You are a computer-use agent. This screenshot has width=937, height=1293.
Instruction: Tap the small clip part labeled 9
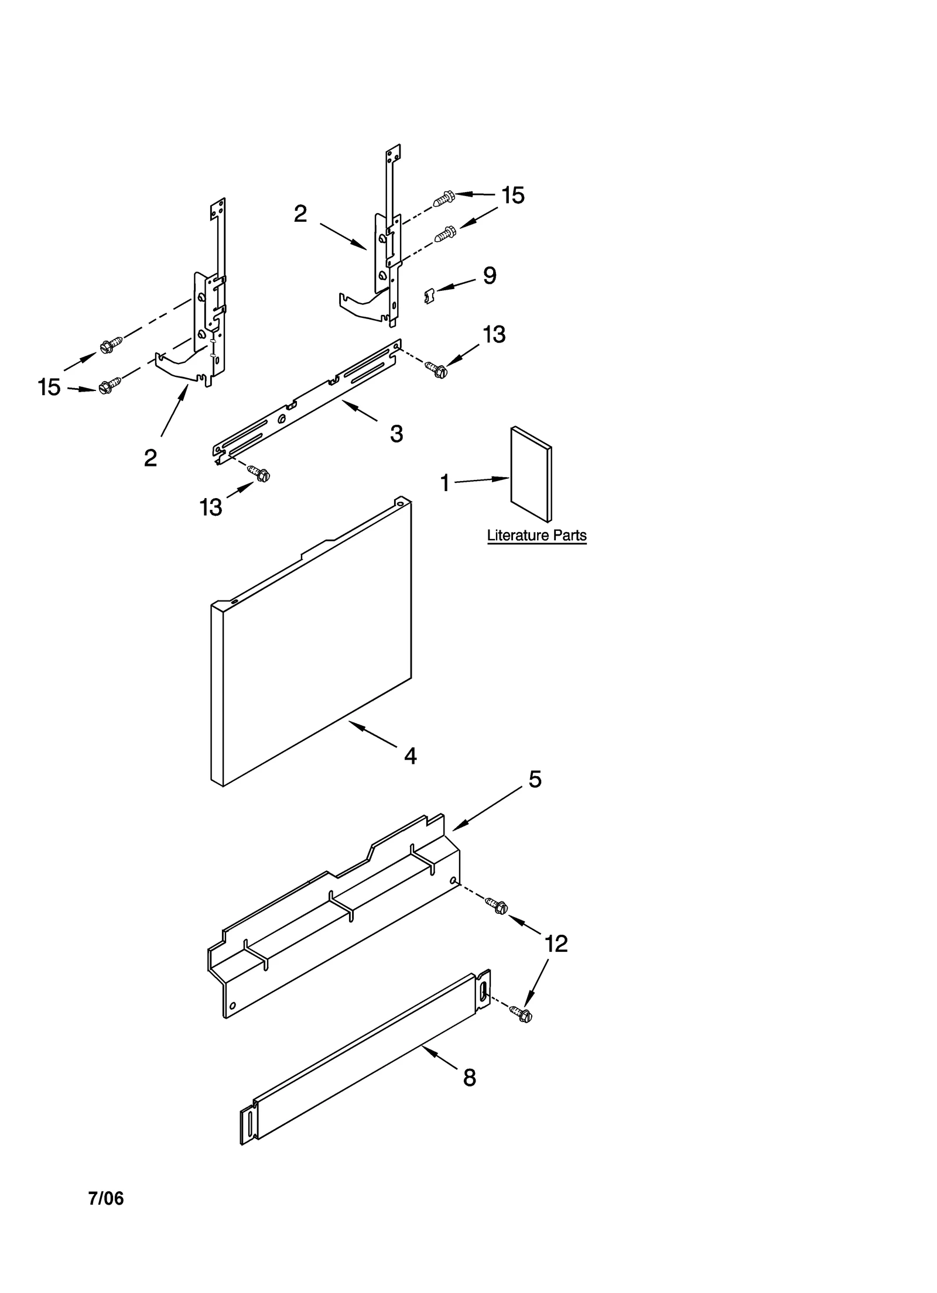point(429,296)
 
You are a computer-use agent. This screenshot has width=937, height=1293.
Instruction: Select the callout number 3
point(396,434)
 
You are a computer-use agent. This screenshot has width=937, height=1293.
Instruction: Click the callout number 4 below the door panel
point(411,756)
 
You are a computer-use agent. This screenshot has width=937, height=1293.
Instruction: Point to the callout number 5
point(535,779)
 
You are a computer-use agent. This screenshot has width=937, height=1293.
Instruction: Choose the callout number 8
point(470,1078)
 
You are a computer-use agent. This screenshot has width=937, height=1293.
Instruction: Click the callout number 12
point(556,944)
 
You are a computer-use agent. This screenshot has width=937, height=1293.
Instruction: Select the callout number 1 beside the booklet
point(445,483)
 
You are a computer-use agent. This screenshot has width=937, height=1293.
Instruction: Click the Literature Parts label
point(536,536)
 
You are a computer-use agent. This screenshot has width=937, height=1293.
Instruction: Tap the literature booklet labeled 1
point(531,474)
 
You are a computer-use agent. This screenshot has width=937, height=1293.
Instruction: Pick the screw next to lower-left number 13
point(259,473)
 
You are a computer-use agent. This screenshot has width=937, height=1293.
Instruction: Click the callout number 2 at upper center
point(300,214)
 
